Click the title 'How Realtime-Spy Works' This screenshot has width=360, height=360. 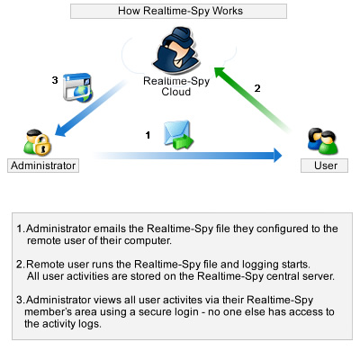tap(180, 11)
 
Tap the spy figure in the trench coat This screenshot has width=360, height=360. tap(175, 50)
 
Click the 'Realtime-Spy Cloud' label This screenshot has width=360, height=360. tap(176, 86)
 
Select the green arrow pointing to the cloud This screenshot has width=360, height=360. tap(253, 100)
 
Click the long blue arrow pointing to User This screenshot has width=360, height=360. tap(187, 155)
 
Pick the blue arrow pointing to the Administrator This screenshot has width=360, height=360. tap(92, 108)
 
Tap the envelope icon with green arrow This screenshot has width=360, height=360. tap(178, 135)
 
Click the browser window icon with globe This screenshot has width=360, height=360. tap(77, 87)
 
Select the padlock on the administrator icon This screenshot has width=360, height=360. tap(43, 145)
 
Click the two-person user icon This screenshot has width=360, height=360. tap(322, 141)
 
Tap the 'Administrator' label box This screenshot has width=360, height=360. tap(43, 166)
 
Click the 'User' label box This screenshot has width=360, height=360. tap(325, 166)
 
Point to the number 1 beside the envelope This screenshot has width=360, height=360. tap(148, 135)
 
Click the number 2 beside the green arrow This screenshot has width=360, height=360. tap(257, 88)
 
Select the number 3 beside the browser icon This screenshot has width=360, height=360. tap(55, 80)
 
